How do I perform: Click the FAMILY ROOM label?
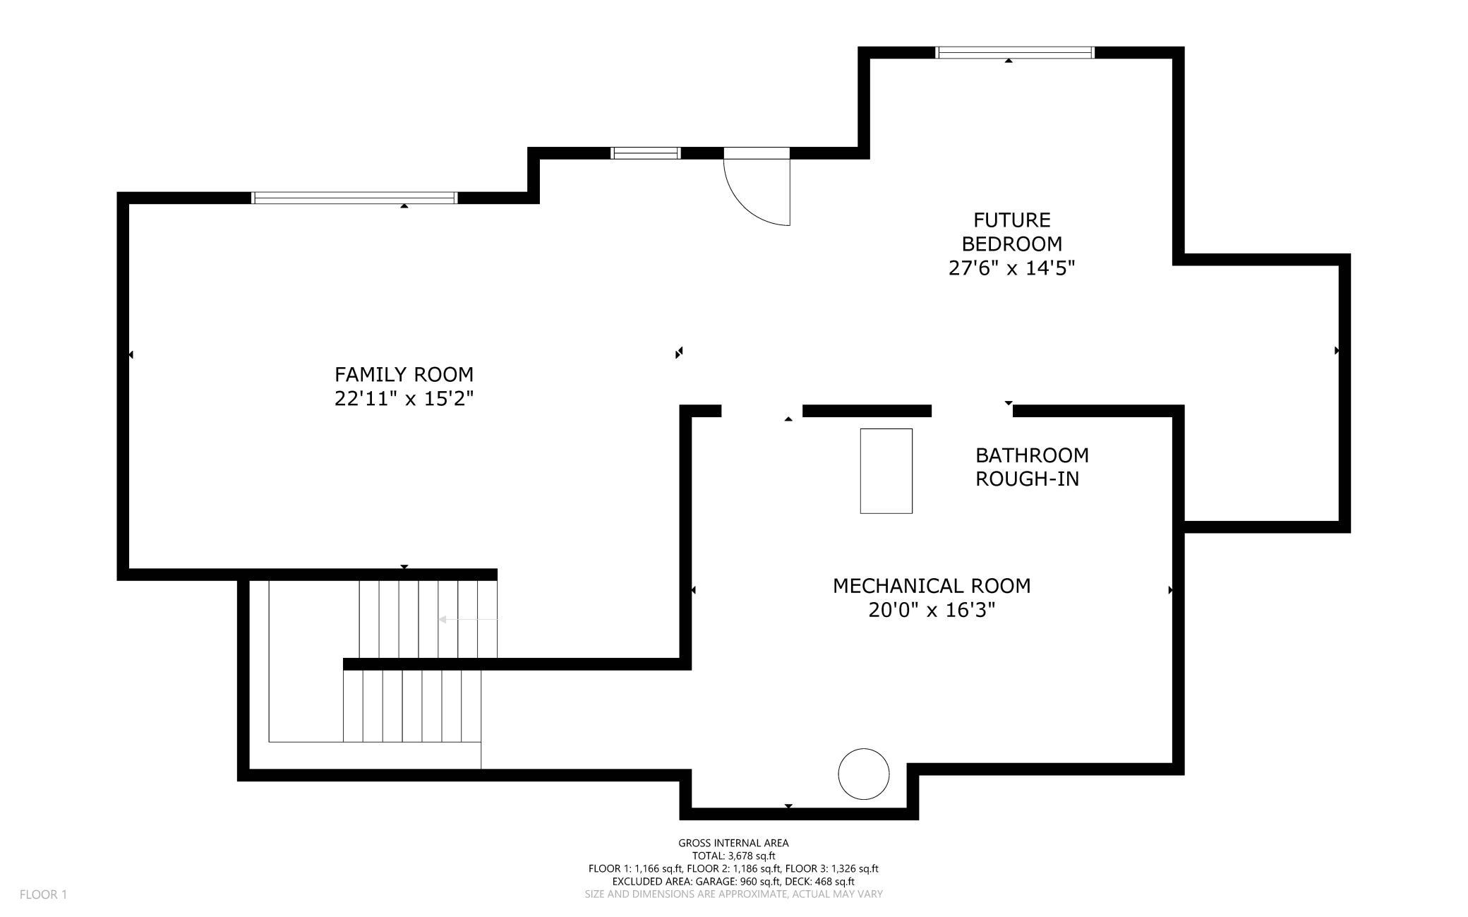(404, 374)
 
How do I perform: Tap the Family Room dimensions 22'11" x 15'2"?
(404, 399)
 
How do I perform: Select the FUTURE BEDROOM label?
(1011, 232)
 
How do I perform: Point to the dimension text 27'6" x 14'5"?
(1011, 268)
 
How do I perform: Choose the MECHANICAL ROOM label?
(932, 586)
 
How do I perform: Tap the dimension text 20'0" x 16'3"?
(932, 610)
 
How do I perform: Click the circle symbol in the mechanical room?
(863, 774)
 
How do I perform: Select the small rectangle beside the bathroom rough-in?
(886, 471)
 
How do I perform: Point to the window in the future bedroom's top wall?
(1014, 52)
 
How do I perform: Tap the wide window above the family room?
(355, 198)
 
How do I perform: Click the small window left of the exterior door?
(645, 153)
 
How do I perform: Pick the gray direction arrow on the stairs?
(469, 619)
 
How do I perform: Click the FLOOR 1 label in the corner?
(43, 895)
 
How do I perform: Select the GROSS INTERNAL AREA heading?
(733, 843)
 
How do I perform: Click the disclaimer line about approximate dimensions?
(733, 894)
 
